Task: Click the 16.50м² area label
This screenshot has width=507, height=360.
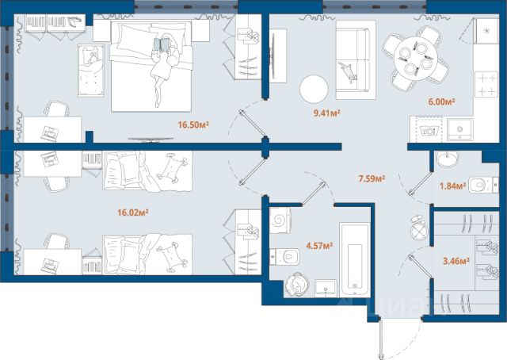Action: (x=193, y=124)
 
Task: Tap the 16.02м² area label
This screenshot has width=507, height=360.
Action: (x=133, y=213)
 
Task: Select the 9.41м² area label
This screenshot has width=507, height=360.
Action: (x=327, y=113)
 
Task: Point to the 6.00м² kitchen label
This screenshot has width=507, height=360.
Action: (x=442, y=101)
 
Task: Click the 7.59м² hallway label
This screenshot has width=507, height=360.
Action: (x=372, y=178)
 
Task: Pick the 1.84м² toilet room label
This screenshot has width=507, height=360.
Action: (x=452, y=186)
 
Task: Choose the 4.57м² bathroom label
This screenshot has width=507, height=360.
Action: (x=319, y=246)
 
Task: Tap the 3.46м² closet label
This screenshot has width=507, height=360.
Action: (x=456, y=261)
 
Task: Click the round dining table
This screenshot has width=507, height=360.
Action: (x=415, y=59)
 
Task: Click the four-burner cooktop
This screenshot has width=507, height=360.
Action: (x=486, y=84)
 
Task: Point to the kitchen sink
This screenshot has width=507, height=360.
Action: (x=459, y=129)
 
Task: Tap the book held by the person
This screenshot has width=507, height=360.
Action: (x=162, y=44)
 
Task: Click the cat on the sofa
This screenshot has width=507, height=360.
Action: (x=348, y=72)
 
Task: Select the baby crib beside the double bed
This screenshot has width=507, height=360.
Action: (x=90, y=71)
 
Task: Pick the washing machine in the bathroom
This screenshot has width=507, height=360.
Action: (x=280, y=220)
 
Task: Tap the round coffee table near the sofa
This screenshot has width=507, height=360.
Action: (x=314, y=89)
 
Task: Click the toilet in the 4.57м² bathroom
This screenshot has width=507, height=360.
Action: (x=284, y=257)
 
